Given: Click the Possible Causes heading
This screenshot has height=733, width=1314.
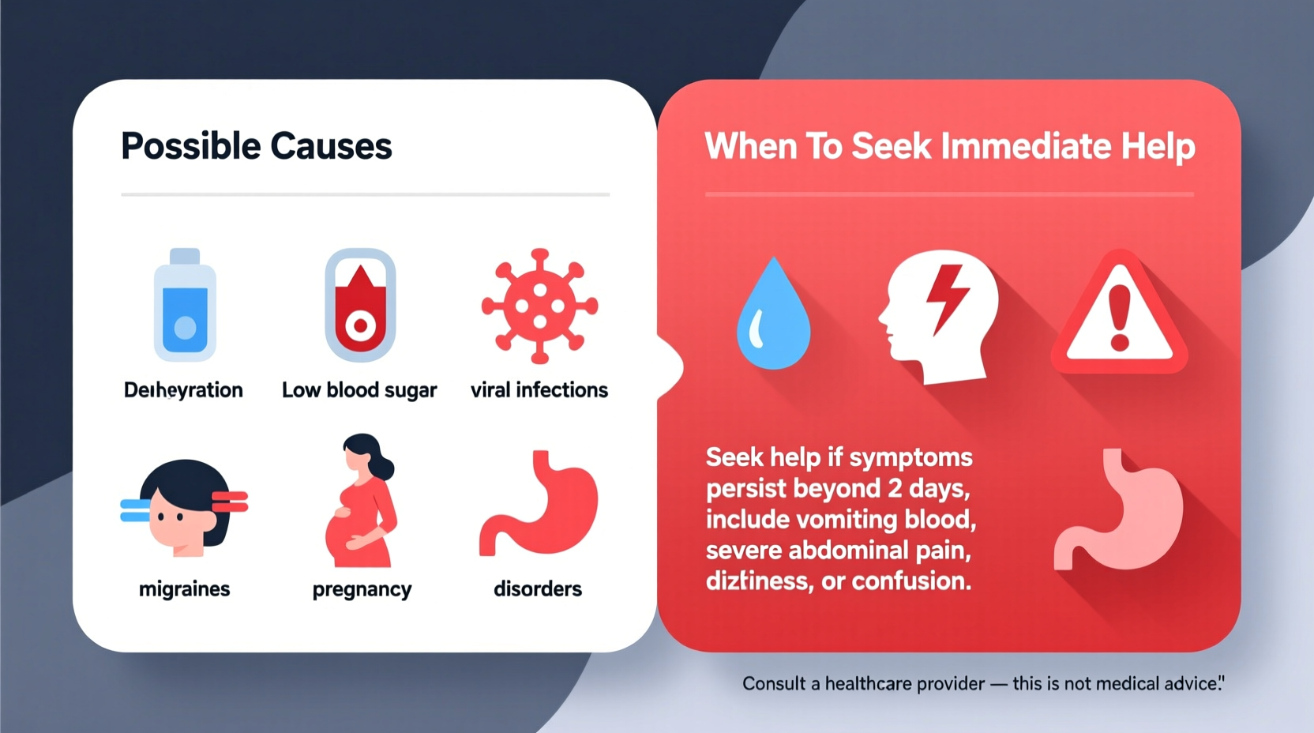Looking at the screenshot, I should [x=256, y=146].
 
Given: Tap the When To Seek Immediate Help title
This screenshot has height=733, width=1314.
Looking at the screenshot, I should [x=949, y=146].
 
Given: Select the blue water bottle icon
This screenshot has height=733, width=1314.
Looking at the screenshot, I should [x=185, y=306].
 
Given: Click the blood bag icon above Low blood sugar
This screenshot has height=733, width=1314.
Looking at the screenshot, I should [x=360, y=306].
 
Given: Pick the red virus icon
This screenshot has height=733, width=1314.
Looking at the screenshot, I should [x=539, y=306].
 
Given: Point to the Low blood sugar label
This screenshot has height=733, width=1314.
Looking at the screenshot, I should [x=359, y=389].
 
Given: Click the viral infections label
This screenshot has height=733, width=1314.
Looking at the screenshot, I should [x=539, y=389].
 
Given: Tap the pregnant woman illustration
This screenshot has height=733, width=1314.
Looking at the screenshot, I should [x=361, y=502].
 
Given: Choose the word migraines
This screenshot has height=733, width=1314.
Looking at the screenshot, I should [x=184, y=588].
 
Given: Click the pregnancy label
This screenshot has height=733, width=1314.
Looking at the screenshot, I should [x=362, y=589].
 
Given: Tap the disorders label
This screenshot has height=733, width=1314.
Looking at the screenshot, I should [x=538, y=588].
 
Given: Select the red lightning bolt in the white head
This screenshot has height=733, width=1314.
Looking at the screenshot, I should [x=947, y=296].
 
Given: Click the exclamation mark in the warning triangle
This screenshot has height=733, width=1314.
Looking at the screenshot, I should [x=1120, y=318].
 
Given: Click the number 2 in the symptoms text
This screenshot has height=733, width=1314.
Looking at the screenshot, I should [x=894, y=488].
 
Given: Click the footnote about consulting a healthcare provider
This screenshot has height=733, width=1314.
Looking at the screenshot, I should [x=982, y=683].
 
